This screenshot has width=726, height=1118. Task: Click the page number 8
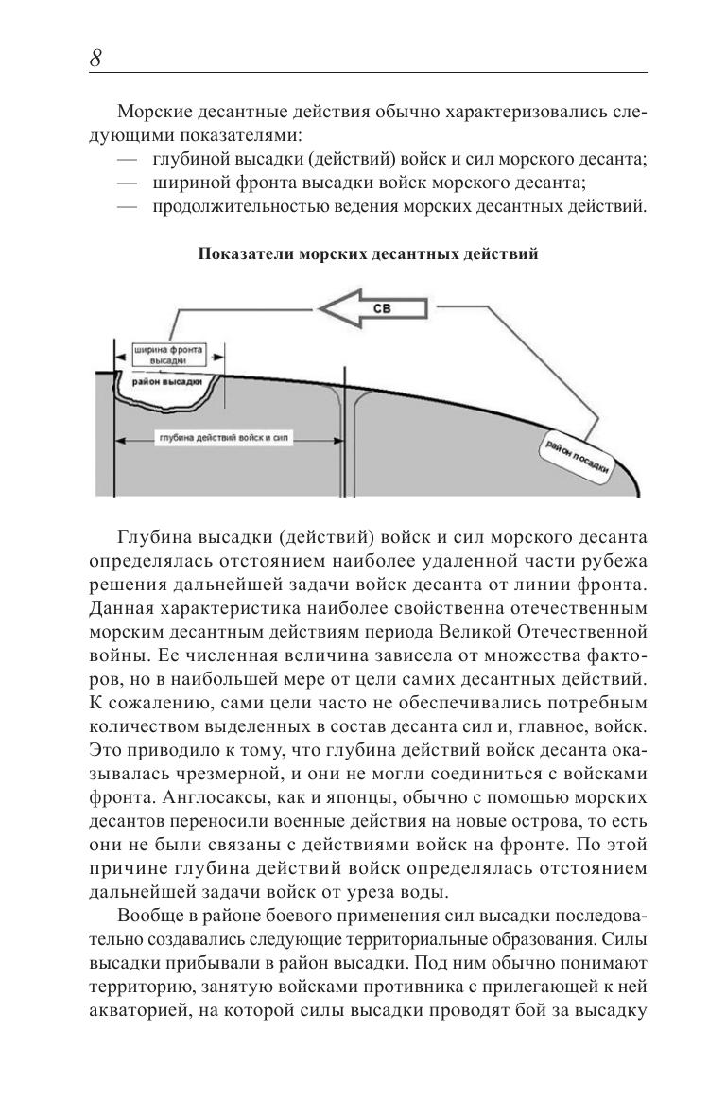point(95,58)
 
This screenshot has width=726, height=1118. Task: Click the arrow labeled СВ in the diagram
point(374,308)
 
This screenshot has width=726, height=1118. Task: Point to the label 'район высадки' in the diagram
point(167,381)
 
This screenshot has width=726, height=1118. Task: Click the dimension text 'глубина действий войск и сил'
point(226,439)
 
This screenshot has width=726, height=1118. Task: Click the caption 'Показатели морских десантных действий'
point(368,253)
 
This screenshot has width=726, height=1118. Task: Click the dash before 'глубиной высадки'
point(127,158)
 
